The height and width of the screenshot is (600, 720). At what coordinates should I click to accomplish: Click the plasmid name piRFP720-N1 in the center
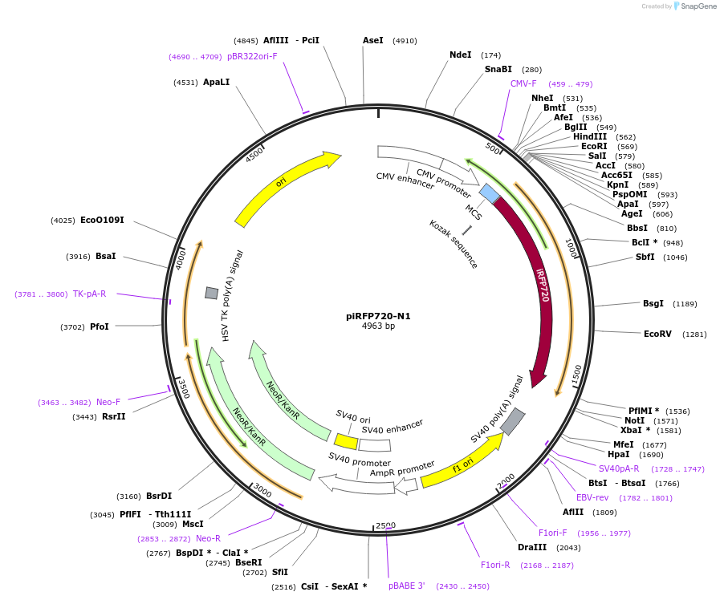(378, 316)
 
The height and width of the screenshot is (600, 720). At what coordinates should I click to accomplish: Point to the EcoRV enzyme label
(657, 334)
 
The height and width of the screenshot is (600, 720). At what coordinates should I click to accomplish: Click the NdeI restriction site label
(461, 55)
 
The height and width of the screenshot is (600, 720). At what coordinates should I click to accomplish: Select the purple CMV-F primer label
(523, 83)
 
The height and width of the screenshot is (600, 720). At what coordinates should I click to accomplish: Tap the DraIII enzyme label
(532, 547)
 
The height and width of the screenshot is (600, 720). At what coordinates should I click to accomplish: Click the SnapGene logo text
(695, 6)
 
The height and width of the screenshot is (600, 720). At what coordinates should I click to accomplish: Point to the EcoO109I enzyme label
(102, 220)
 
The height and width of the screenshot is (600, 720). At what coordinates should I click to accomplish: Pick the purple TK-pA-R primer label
(89, 294)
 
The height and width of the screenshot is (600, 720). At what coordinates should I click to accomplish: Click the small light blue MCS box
(489, 193)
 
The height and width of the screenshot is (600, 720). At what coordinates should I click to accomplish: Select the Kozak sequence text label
(454, 244)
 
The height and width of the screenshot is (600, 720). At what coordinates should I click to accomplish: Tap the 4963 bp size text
(378, 326)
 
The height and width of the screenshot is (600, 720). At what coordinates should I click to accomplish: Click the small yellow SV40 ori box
(346, 442)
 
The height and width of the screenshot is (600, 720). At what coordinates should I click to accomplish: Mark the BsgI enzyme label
(653, 303)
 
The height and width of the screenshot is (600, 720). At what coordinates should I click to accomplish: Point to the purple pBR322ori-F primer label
(252, 57)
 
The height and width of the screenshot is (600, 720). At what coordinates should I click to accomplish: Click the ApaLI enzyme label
(216, 82)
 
